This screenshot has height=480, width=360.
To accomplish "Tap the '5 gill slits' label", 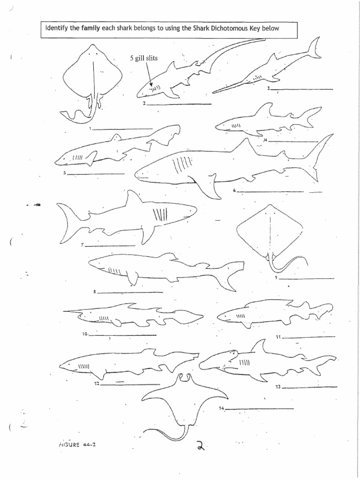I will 144,58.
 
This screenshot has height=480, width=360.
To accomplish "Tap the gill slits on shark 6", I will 182,165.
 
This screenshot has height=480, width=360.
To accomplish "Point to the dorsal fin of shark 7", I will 134,199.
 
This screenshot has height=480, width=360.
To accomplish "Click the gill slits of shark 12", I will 83,365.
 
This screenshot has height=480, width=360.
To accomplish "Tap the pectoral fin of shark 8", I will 133,278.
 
